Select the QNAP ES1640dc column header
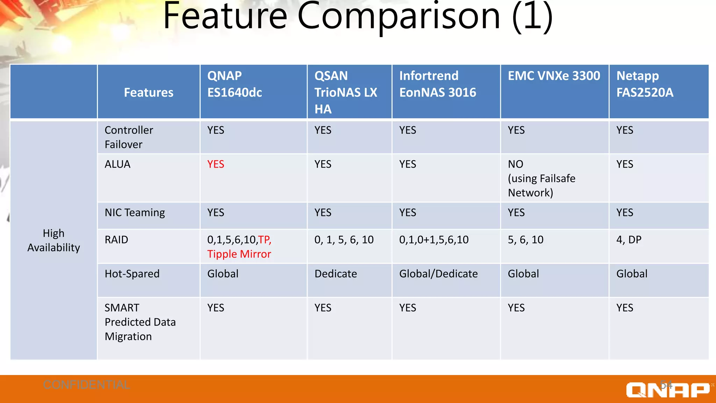[x=234, y=84]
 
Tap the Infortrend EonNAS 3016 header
[x=437, y=84]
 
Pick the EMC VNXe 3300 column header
[x=554, y=76]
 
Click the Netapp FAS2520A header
[x=644, y=84]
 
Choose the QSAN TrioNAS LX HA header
[x=345, y=92]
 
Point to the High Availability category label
[x=53, y=240]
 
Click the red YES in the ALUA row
[x=215, y=164]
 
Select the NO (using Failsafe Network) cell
[x=541, y=178]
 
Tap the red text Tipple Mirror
[x=239, y=254]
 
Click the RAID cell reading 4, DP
[x=629, y=240]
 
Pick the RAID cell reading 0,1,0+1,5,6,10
[x=434, y=240]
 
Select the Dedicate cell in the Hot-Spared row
[x=336, y=274]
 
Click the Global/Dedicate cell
[x=438, y=274]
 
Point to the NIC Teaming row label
[x=135, y=213]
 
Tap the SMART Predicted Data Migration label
[x=140, y=322]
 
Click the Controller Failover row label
[x=129, y=137]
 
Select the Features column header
[x=149, y=93]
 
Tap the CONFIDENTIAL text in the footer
[x=86, y=385]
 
